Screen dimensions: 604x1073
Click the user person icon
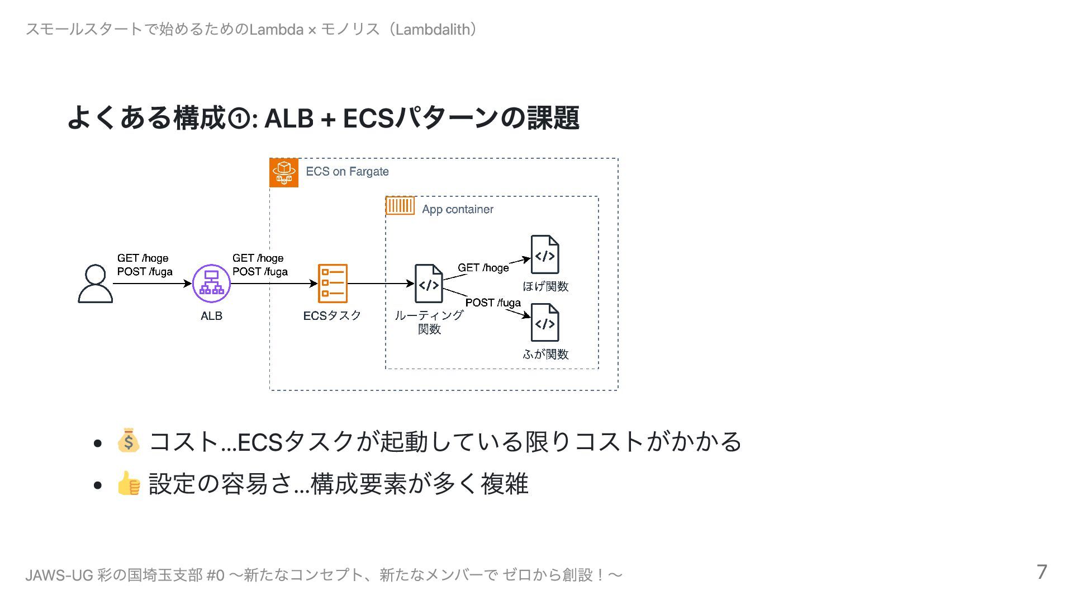95,284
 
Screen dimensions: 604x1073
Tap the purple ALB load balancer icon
211,284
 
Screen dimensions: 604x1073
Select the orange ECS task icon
333,284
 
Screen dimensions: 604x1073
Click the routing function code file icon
429,284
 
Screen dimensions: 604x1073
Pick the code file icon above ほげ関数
545,254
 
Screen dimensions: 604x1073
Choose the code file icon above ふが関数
545,323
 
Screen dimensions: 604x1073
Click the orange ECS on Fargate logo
284,172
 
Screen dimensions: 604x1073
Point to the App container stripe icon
400,206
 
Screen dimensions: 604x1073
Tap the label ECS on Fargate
347,172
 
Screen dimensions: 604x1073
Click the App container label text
458,209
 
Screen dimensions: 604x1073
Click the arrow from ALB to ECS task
274,284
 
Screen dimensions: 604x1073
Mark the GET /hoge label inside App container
483,268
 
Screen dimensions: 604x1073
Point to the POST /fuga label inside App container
493,303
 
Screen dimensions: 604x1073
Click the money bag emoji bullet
129,441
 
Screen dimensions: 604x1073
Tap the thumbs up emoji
129,483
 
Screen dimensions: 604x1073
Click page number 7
1042,572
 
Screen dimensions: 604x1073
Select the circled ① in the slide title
239,119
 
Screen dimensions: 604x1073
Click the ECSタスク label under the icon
332,316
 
